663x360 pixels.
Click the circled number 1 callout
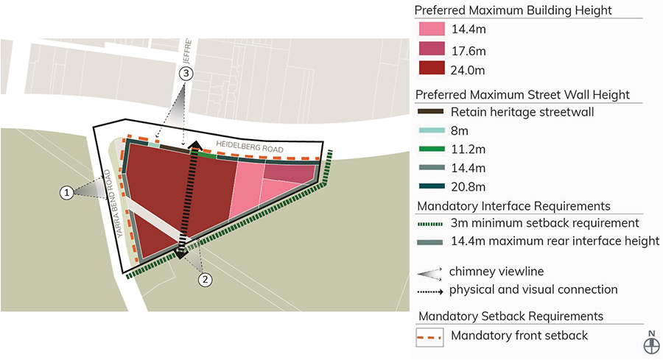pos(67,192)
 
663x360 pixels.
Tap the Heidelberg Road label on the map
pos(250,147)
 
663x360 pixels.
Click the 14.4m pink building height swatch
pos(431,30)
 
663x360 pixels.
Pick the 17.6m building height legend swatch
pos(431,49)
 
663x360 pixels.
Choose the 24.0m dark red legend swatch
pos(431,68)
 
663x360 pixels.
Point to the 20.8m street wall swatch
pos(429,186)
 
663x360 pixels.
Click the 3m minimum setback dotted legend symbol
pos(429,223)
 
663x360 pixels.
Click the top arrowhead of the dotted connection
pos(195,144)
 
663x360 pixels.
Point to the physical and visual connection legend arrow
pos(429,290)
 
